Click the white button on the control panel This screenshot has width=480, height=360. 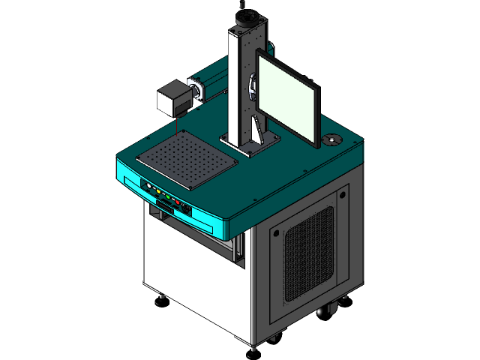[149, 185]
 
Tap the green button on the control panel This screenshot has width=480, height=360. [168, 196]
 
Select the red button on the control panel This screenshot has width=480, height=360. [177, 202]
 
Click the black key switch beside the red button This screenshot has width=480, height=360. [185, 207]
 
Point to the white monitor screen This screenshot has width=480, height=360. [287, 94]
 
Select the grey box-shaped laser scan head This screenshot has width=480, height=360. [170, 97]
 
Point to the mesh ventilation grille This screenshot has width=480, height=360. [308, 253]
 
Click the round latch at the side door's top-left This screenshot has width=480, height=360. [276, 233]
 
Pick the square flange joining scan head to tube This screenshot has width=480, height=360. [194, 90]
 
